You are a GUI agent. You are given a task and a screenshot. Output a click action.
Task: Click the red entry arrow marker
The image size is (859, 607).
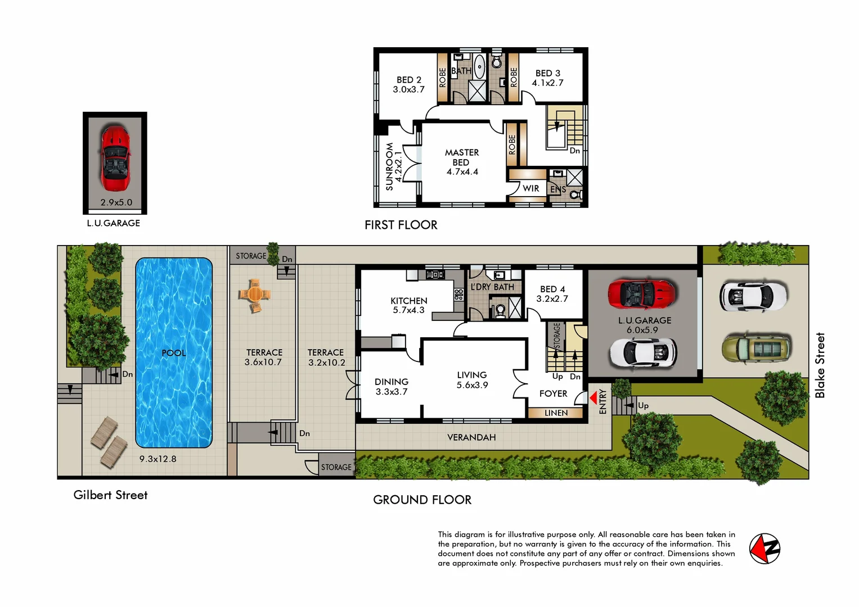pos(593,398)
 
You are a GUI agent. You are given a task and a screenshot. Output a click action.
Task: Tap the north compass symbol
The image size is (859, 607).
pos(764,548)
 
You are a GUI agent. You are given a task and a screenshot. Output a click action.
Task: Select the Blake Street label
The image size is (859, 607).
pos(820,365)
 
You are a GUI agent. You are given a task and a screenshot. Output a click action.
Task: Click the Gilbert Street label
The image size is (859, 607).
pos(110,495)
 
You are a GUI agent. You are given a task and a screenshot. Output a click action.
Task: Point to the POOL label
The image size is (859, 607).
pos(173,353)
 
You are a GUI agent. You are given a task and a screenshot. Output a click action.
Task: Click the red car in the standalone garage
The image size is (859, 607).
pos(115,159)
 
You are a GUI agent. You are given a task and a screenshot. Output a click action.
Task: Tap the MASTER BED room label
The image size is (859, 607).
pos(462,157)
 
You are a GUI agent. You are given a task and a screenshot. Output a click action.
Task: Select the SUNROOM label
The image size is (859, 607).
pos(389,166)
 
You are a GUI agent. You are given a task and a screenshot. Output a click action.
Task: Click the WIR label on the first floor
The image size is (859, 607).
pos(530,188)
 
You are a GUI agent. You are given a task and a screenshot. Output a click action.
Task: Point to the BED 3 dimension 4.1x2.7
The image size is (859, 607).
pos(547,83)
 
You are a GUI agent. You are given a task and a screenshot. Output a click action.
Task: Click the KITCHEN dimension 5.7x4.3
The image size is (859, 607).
pos(408,310)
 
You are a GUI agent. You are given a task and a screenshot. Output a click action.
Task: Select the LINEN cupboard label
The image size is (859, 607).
pos(556,413)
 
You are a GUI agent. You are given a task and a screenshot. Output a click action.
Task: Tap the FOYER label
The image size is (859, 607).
pos(553,393)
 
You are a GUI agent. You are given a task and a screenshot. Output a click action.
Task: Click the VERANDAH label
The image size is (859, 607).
pos(471,437)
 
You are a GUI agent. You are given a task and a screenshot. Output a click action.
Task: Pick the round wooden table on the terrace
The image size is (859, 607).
pos(254,294)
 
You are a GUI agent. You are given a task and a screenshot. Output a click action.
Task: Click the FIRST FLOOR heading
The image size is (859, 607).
pos(401,225)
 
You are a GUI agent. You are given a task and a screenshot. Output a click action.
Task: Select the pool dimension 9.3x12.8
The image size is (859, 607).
pos(158,459)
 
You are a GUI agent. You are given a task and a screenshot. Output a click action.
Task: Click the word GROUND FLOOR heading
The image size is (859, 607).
pos(422,500)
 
